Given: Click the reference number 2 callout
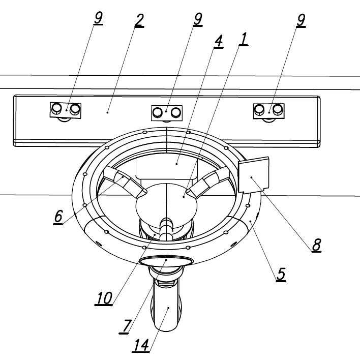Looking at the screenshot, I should click(x=139, y=20).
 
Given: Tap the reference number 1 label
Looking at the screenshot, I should click(x=244, y=38).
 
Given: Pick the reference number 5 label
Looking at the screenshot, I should click(x=280, y=275).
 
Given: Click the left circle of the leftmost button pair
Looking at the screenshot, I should click(x=57, y=108).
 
